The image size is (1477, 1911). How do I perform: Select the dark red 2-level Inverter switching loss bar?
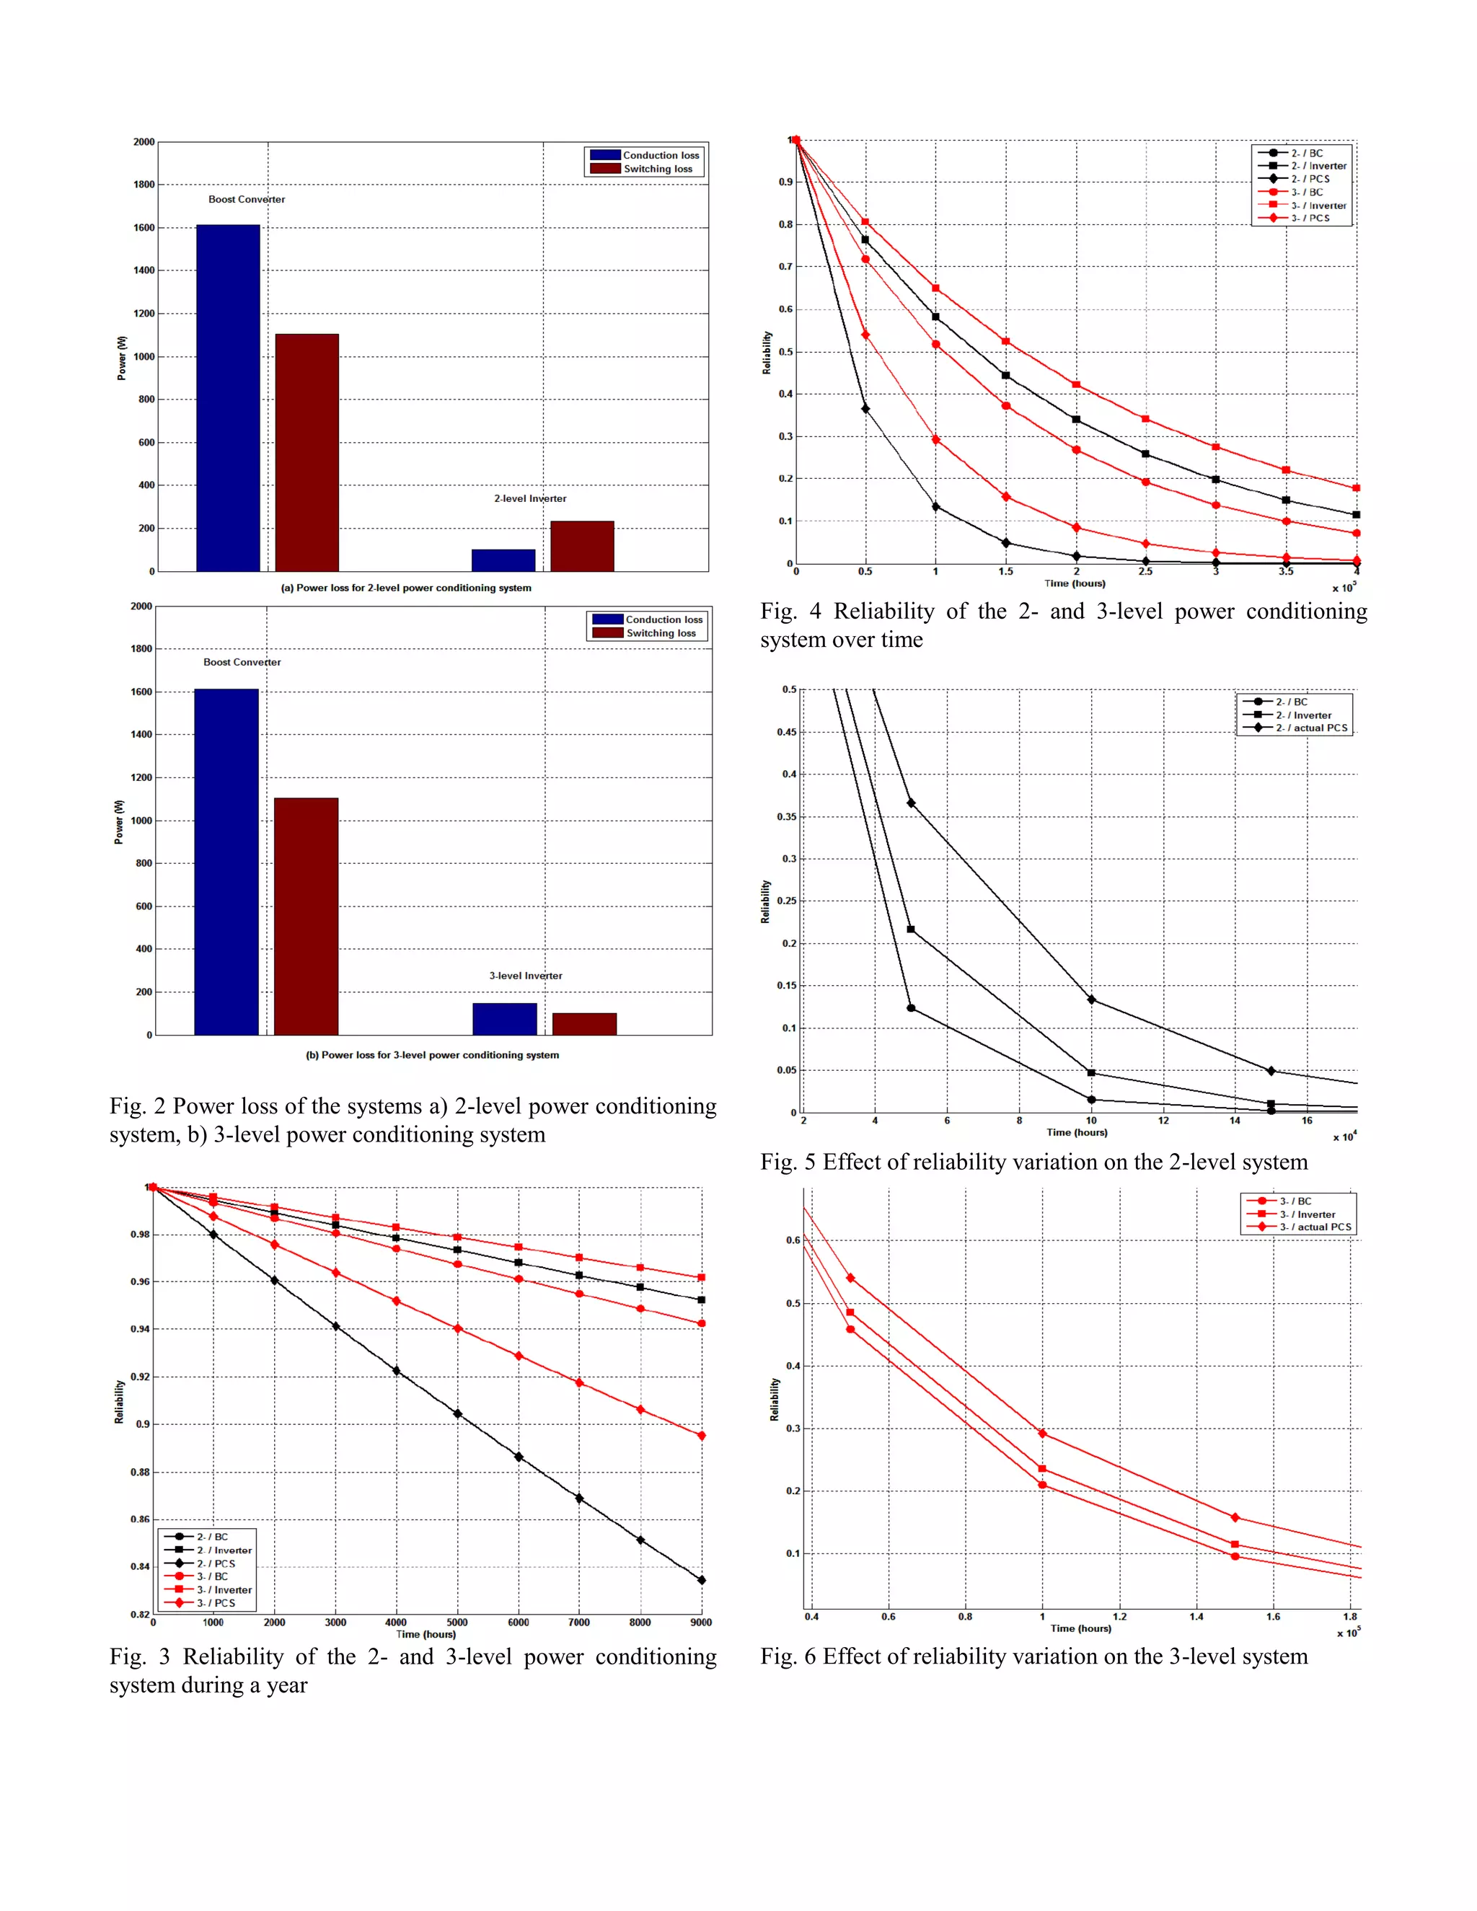pyautogui.click(x=582, y=546)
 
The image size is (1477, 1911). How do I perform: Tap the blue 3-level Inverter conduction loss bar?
pyautogui.click(x=505, y=1018)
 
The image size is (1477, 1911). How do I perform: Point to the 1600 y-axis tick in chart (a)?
pyautogui.click(x=144, y=227)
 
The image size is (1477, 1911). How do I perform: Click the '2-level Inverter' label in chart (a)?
pyautogui.click(x=530, y=499)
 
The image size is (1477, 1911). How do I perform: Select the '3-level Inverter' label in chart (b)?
pyautogui.click(x=526, y=976)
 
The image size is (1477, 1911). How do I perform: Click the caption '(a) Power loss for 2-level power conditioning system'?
pyautogui.click(x=406, y=588)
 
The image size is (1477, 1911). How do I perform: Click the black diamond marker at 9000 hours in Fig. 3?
pyautogui.click(x=701, y=1580)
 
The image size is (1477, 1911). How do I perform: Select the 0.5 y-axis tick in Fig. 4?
pyautogui.click(x=786, y=352)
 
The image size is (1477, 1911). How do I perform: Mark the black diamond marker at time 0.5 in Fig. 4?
pyautogui.click(x=865, y=409)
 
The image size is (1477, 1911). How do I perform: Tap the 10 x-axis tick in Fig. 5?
pyautogui.click(x=1091, y=1120)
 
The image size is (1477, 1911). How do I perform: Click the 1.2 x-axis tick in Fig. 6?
pyautogui.click(x=1120, y=1617)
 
